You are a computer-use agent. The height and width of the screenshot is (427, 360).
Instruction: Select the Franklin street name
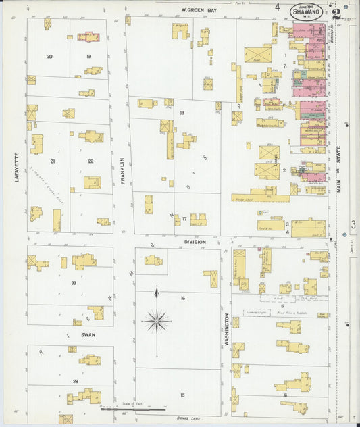click(122, 170)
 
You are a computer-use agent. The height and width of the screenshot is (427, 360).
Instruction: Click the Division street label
click(195, 241)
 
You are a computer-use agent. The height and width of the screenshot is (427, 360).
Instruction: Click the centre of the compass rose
click(156, 320)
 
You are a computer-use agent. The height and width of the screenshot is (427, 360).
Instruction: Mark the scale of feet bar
click(133, 409)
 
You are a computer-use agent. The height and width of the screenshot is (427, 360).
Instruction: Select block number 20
click(49, 57)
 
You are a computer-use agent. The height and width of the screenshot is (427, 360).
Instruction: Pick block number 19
click(88, 57)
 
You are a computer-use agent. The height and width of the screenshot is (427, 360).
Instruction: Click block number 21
click(53, 161)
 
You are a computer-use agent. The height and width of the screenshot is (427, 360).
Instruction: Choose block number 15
click(182, 394)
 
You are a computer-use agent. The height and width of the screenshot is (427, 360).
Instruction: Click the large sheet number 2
click(336, 13)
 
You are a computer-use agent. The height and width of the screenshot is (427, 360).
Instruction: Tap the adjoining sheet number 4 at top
click(277, 7)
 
